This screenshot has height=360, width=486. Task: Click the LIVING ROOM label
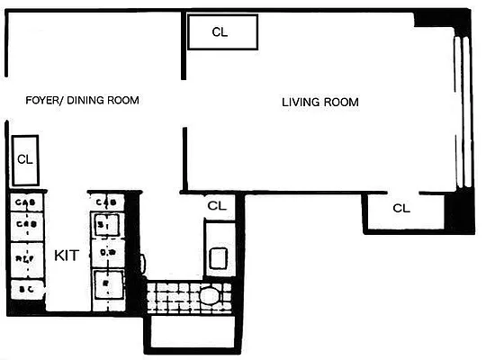tap(319, 103)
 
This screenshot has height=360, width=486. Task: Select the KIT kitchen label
tap(67, 256)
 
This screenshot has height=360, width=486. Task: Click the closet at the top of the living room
tap(221, 32)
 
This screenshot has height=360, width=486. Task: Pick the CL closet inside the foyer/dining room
tap(25, 160)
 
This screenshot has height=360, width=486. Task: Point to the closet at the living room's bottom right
tap(401, 209)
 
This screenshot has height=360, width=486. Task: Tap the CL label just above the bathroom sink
tap(216, 205)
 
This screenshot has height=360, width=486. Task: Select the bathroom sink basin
tap(218, 256)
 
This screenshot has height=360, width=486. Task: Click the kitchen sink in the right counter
tap(107, 224)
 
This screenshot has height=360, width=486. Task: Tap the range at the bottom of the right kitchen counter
tap(107, 287)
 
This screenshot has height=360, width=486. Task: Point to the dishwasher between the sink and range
tap(107, 254)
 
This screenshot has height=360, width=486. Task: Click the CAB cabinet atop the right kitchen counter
tap(107, 202)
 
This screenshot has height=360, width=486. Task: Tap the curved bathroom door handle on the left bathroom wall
tap(144, 264)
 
